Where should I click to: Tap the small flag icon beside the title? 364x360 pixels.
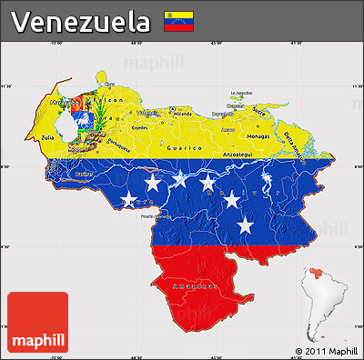pyautogui.click(x=177, y=20)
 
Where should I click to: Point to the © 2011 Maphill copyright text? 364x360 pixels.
pyautogui.click(x=326, y=351)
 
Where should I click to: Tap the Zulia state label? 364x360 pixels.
pyautogui.click(x=46, y=138)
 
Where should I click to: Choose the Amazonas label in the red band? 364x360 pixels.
pyautogui.click(x=194, y=285)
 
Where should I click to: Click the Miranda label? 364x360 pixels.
pyautogui.click(x=182, y=115)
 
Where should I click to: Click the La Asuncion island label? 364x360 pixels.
pyautogui.click(x=239, y=93)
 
